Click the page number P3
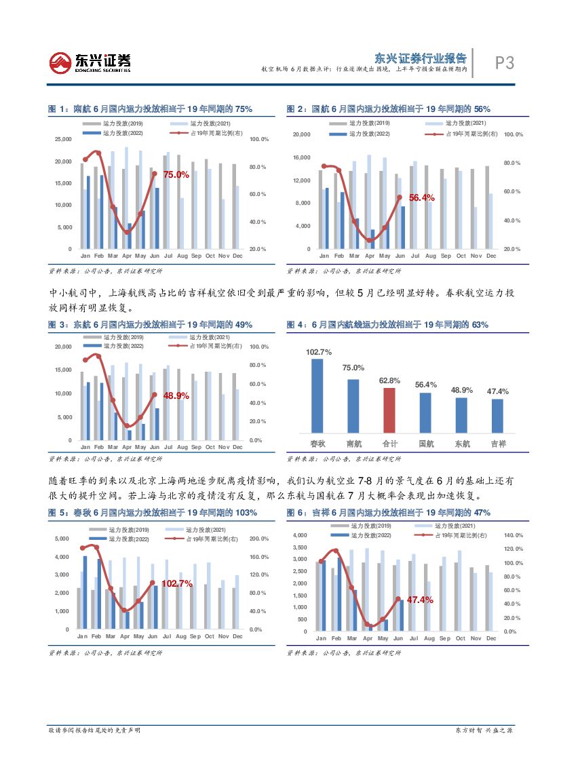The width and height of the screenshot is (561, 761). [504, 63]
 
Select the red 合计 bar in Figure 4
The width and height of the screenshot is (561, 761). [389, 410]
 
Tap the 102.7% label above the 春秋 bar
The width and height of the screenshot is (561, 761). [318, 352]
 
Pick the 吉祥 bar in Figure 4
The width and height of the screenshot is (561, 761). [497, 415]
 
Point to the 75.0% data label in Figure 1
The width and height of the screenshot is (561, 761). [176, 174]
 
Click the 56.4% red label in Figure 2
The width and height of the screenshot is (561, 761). [421, 197]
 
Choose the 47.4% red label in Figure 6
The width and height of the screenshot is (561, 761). [420, 600]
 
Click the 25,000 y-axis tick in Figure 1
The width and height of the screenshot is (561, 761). [62, 140]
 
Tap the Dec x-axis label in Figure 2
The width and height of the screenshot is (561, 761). [491, 256]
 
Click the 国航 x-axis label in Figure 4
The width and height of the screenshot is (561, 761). [426, 444]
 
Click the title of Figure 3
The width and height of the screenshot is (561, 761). [150, 325]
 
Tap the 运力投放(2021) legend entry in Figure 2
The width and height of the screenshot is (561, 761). [465, 123]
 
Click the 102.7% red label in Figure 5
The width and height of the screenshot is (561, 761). [178, 583]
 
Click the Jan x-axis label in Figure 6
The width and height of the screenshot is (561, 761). [321, 638]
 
